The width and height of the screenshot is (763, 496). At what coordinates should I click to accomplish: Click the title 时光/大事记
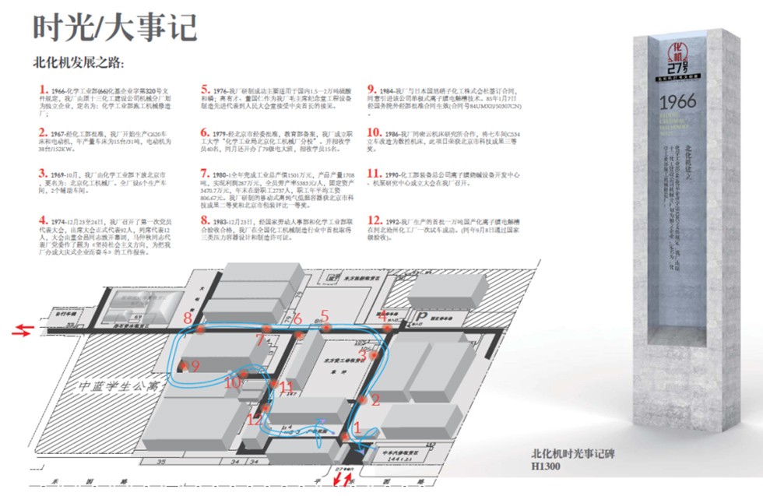(114, 28)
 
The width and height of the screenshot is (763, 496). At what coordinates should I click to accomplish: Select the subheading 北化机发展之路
(78, 63)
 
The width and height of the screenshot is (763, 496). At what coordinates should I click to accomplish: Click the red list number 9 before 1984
(372, 90)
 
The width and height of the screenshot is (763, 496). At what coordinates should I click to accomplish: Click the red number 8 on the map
(188, 318)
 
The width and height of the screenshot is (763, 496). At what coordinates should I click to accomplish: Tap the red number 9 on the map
(195, 365)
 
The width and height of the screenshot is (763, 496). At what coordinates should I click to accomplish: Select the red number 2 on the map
(375, 400)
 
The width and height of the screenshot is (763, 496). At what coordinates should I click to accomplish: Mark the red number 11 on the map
(287, 387)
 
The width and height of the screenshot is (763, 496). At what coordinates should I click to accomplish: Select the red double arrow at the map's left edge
(22, 332)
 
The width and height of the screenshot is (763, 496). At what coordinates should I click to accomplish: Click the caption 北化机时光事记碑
(572, 454)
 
